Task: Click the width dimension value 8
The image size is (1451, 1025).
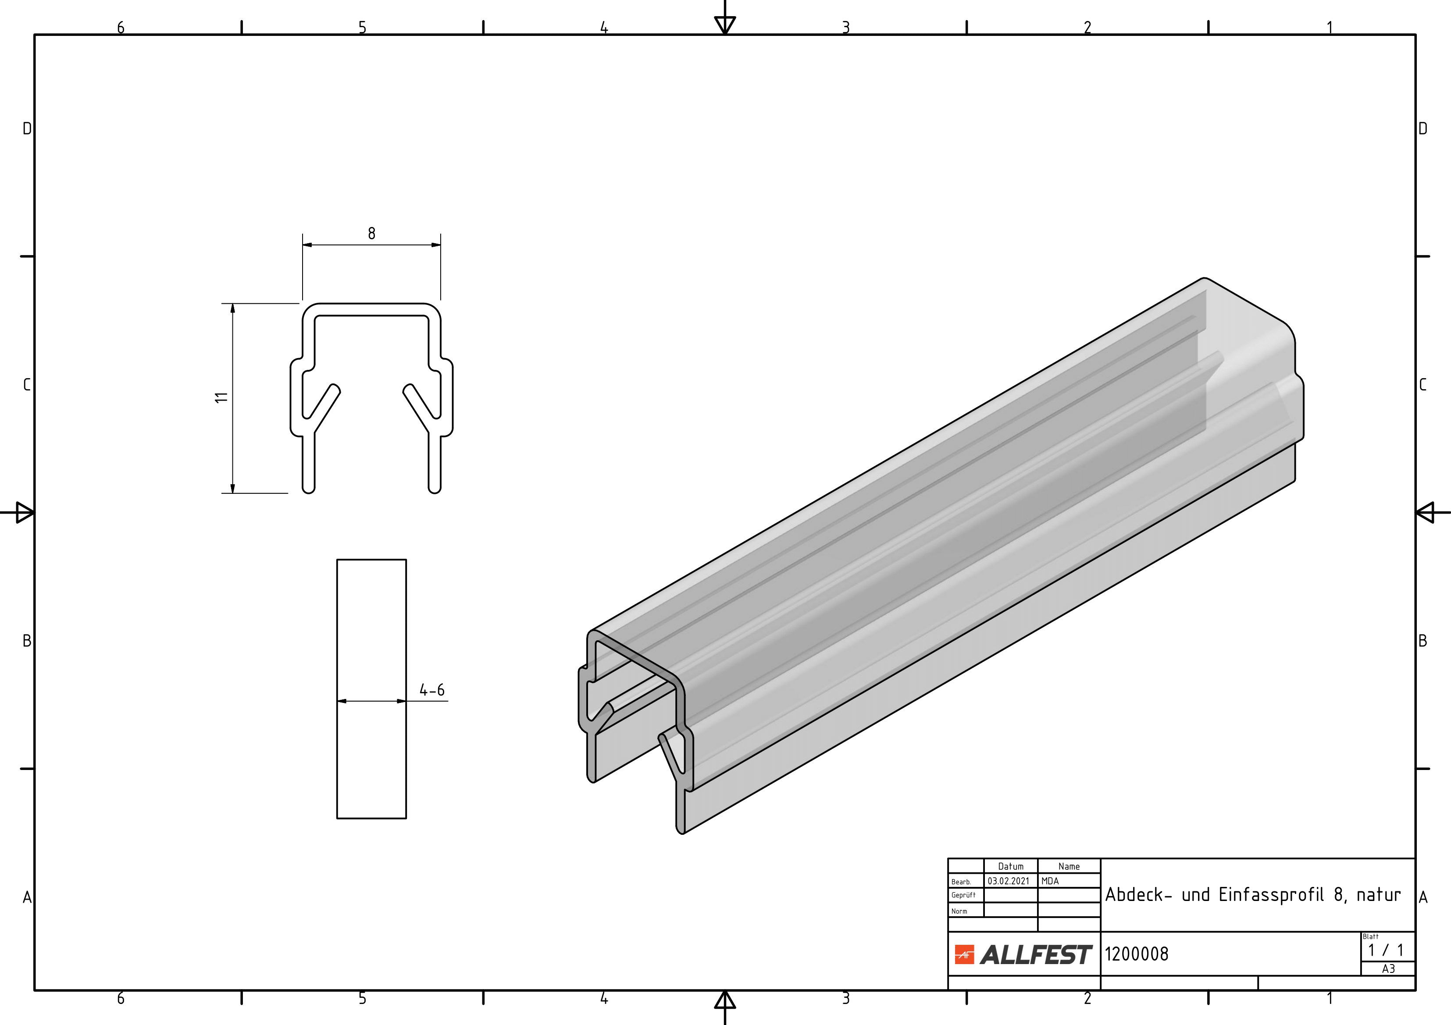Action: (371, 234)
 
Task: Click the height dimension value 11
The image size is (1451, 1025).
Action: (221, 397)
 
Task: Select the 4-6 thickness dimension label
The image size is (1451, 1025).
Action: (432, 690)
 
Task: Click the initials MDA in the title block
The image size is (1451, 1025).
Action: (1050, 881)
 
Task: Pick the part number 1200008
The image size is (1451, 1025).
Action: (1136, 954)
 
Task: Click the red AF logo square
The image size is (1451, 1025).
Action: (964, 955)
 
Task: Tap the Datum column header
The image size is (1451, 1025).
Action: (1010, 866)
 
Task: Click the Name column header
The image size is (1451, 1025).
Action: (1070, 866)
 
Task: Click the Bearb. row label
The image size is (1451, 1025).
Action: (961, 882)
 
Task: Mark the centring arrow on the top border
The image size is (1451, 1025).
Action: (725, 24)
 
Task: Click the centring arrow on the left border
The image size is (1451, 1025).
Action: (24, 512)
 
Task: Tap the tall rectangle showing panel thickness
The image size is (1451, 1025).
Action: (371, 631)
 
